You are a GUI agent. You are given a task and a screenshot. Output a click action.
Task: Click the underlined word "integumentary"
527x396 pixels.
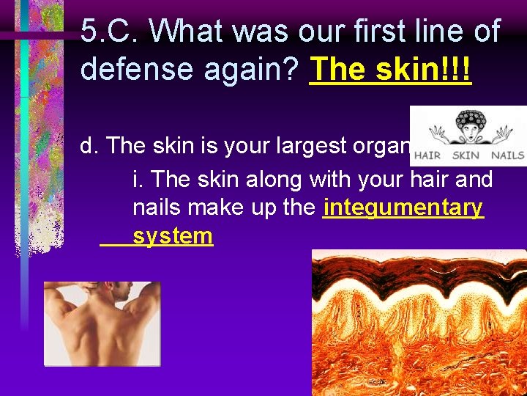403,208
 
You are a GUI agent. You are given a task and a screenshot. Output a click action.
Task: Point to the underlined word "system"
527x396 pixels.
173,236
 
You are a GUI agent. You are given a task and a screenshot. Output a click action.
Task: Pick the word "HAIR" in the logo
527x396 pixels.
428,155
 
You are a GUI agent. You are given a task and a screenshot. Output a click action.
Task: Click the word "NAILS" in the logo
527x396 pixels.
507,155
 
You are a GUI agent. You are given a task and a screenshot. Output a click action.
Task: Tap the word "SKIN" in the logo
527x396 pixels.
466,155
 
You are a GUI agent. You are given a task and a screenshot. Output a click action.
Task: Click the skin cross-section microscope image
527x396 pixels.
419,323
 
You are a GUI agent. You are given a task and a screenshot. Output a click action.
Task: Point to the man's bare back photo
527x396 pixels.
102,323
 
